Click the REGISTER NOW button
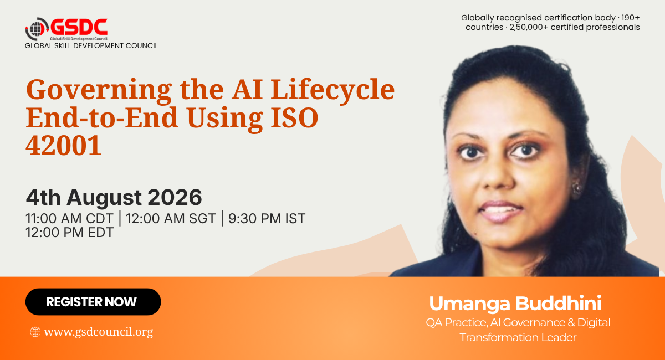coord(93,301)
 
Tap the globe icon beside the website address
coord(35,332)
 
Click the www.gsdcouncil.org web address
coord(98,332)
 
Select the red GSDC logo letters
coord(79,27)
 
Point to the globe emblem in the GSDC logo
coord(36,29)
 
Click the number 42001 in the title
coord(63,145)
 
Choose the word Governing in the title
coord(99,91)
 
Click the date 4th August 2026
coord(114,197)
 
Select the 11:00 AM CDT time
coord(69,219)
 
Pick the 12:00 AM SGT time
coord(171,219)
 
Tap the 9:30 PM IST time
coord(267,219)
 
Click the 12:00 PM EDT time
coord(69,233)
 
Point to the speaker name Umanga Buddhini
coord(515,304)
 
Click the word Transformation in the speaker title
coord(498,337)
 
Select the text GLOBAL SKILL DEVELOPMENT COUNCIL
coord(91,46)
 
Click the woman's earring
coord(576,188)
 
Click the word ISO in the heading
coord(294,117)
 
